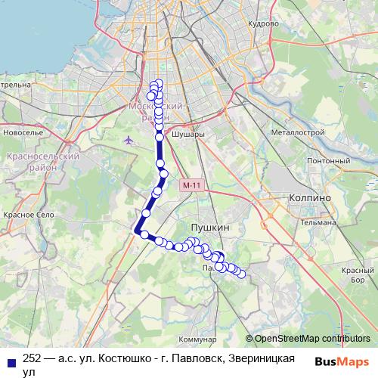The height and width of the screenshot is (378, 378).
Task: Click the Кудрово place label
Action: click(264, 23)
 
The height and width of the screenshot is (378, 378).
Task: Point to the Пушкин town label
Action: click(210, 227)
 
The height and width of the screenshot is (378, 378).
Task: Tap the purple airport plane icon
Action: click(128, 140)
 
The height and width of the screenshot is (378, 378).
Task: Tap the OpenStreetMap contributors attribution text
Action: click(312, 339)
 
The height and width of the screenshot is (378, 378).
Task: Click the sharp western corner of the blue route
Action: click(135, 231)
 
